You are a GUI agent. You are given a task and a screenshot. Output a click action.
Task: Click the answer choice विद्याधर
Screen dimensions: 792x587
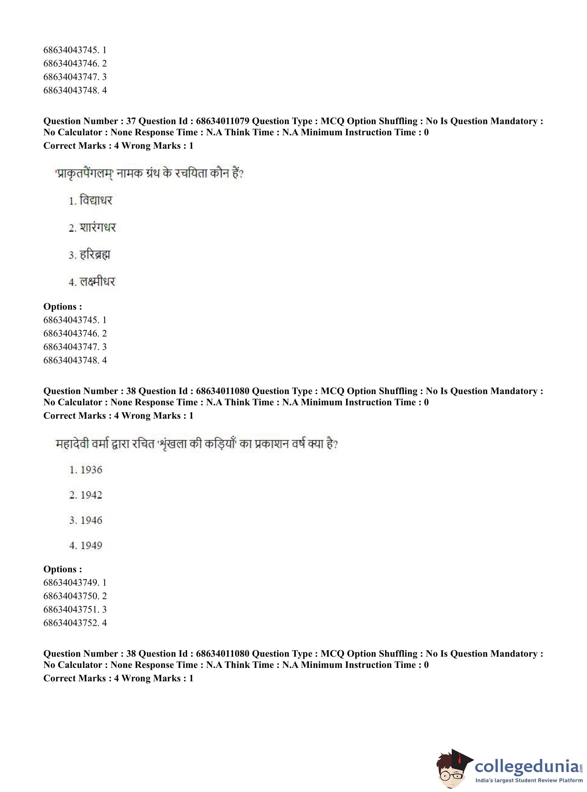pos(95,201)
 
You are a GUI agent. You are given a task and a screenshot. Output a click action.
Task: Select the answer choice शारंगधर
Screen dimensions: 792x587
pos(98,227)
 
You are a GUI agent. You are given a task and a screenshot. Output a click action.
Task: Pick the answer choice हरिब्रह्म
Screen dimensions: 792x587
pos(95,255)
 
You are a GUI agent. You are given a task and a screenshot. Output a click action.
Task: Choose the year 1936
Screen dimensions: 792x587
pos(91,470)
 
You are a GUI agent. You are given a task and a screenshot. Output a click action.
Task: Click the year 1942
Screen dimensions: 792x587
pos(91,495)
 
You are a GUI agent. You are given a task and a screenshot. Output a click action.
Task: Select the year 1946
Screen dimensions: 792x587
pos(91,520)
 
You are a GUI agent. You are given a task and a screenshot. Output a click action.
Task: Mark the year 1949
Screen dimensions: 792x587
pos(91,546)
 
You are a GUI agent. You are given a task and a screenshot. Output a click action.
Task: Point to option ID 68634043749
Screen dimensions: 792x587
pos(70,582)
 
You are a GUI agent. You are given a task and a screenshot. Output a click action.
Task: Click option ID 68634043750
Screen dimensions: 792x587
pos(70,596)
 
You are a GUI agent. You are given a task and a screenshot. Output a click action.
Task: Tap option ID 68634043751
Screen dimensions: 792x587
pos(70,610)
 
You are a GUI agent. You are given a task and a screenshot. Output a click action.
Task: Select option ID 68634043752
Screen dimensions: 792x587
pos(70,623)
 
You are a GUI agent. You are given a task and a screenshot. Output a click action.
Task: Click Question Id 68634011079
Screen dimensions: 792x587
pos(223,121)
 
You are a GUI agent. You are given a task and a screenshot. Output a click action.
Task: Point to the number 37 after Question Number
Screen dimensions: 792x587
pos(131,121)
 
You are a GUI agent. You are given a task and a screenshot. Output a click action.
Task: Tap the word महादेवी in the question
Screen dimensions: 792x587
pos(72,444)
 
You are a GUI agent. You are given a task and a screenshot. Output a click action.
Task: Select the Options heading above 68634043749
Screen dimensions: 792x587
pos(63,569)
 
